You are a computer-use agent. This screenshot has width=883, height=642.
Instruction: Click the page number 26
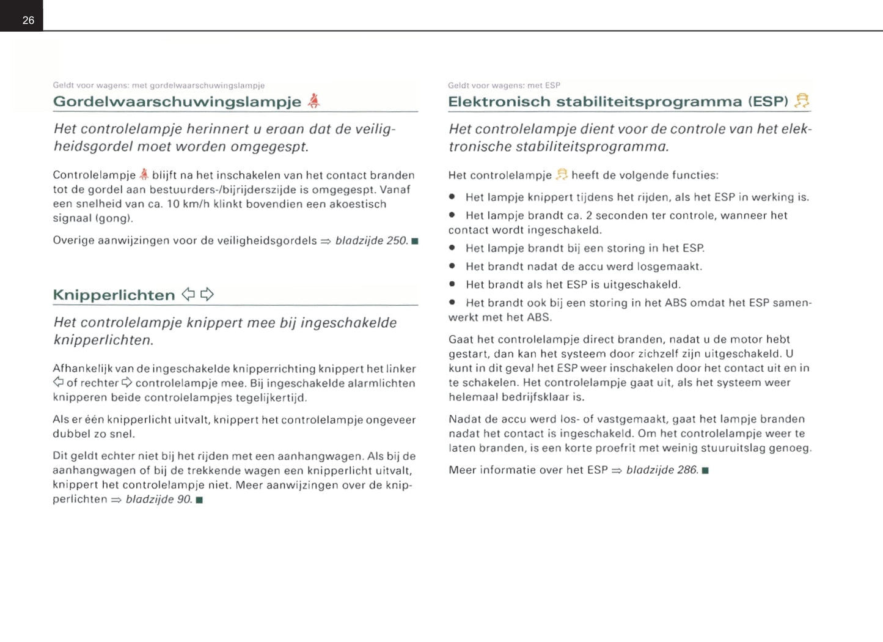[x=28, y=20]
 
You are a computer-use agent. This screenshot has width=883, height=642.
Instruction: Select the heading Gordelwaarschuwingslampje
[x=177, y=101]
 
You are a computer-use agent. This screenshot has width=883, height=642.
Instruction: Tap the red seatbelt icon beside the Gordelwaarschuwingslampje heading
[x=313, y=101]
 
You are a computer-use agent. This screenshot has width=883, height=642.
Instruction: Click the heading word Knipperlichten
[x=114, y=295]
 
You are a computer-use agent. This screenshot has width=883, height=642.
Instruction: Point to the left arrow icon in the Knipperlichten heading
[x=188, y=295]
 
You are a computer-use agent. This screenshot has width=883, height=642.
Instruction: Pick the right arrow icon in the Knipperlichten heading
[x=207, y=295]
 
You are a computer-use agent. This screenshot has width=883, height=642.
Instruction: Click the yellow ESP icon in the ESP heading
[x=802, y=101]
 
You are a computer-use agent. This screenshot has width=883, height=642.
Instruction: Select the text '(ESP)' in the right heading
[x=768, y=101]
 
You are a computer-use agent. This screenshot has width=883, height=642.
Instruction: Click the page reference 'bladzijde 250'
[x=371, y=240]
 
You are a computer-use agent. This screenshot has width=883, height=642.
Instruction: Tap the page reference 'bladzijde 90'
[x=158, y=500]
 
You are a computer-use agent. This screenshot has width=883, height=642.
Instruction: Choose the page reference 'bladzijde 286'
[x=662, y=470]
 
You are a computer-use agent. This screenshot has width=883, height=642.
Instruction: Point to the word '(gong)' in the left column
[x=114, y=218]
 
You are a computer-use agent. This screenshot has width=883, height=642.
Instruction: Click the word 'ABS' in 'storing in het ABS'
[x=676, y=303]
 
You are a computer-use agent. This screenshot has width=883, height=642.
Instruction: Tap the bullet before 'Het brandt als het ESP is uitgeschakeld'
[x=452, y=284]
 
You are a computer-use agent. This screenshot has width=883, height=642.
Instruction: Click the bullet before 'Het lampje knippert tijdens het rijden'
[x=452, y=197]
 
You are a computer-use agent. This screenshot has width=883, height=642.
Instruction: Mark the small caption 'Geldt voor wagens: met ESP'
[x=504, y=86]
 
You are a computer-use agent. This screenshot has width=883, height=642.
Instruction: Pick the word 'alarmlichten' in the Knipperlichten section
[x=381, y=383]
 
